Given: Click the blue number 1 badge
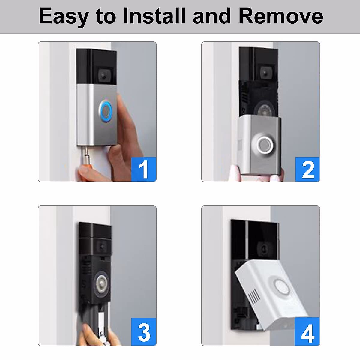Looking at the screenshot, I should click(x=144, y=169).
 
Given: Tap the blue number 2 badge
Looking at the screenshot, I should click(x=307, y=169).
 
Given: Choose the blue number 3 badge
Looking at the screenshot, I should click(x=144, y=332).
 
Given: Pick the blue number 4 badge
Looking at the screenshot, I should click(x=307, y=332).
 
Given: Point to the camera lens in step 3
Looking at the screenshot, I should click(x=101, y=247).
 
